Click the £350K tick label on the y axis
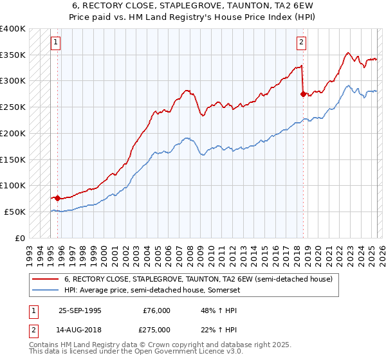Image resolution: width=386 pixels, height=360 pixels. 13,55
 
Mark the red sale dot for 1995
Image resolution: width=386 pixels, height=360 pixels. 58,198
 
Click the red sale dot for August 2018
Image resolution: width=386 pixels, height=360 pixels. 303,94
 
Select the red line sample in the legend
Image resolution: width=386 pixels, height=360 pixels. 44,279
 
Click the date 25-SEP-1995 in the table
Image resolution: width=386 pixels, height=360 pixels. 80,310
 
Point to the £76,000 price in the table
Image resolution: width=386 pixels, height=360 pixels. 156,310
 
